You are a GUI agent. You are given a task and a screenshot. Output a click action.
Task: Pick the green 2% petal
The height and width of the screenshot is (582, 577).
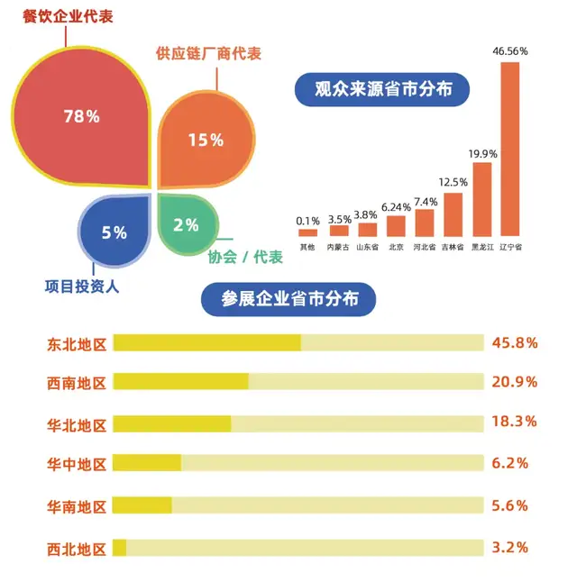(x=186, y=224)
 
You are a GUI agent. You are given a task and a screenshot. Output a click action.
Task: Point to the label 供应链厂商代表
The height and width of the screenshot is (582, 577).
(x=208, y=54)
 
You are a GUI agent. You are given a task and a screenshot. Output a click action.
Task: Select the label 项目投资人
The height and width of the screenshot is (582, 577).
(x=82, y=287)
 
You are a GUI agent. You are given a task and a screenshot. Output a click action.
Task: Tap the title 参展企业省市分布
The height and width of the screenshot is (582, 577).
(x=288, y=300)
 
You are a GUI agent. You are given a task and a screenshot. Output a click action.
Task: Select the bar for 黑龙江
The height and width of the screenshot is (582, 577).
(x=482, y=198)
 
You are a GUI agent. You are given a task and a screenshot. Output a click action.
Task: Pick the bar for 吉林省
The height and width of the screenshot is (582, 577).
(x=453, y=214)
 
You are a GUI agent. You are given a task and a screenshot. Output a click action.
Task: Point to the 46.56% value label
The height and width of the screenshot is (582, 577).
(x=509, y=52)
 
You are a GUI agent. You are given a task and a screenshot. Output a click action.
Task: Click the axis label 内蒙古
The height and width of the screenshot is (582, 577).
(x=338, y=245)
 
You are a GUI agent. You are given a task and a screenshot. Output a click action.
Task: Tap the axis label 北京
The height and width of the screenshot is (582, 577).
(x=395, y=245)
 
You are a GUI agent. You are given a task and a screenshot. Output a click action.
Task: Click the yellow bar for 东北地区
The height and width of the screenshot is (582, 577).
(x=206, y=342)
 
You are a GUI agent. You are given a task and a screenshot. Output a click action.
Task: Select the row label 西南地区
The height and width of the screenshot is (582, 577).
(x=77, y=382)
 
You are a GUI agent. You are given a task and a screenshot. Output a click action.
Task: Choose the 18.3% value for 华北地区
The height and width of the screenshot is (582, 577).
(x=515, y=421)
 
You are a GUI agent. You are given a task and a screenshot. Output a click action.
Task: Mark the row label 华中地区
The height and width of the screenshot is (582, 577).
(x=77, y=464)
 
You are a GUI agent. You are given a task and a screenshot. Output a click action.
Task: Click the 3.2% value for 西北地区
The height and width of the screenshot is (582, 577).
(x=510, y=547)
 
